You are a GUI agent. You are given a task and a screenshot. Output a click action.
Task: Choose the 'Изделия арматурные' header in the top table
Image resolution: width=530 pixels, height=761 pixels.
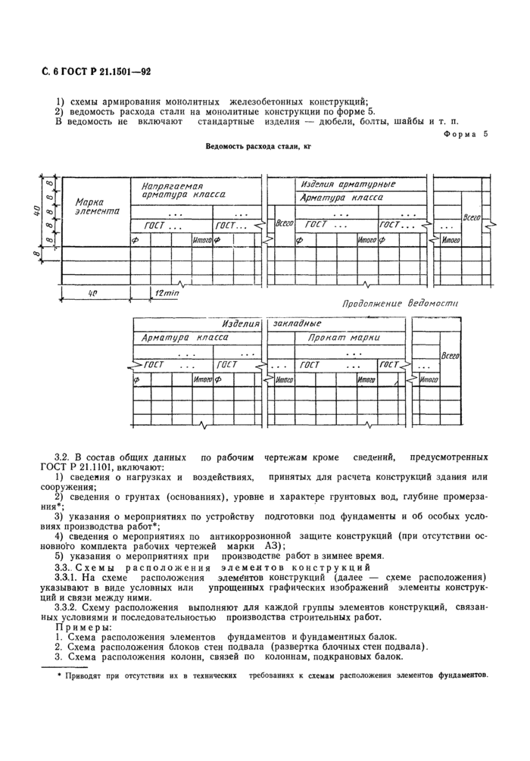(x=348, y=184)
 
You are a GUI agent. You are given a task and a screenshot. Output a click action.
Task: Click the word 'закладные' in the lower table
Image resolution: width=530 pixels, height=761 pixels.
(x=297, y=323)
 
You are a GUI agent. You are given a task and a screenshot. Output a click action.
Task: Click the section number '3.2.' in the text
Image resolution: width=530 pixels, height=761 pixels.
(x=65, y=459)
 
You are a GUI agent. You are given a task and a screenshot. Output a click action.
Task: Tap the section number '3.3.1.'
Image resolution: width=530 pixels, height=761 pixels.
(x=68, y=575)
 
